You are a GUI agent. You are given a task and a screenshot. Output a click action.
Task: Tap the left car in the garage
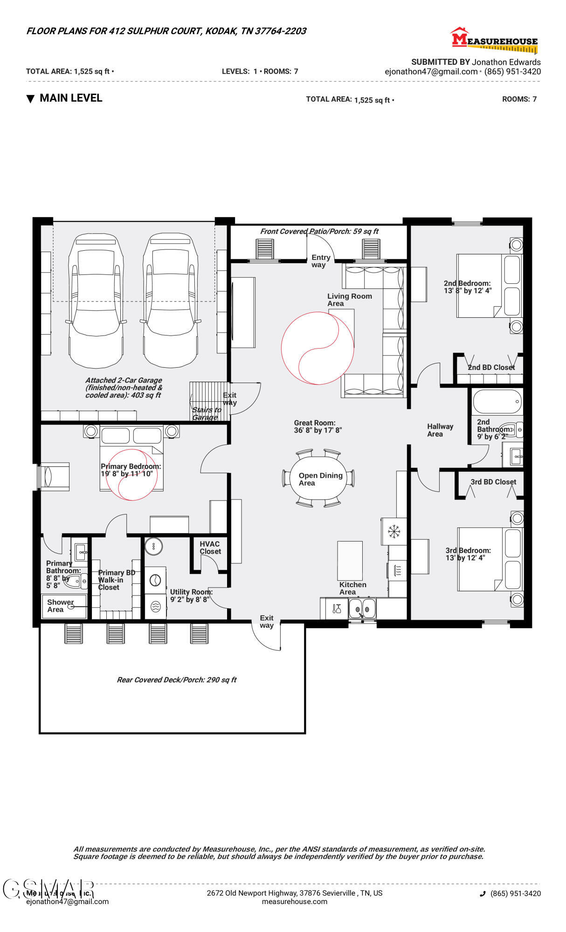pos(96,301)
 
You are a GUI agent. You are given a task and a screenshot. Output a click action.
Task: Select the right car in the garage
pos(171,301)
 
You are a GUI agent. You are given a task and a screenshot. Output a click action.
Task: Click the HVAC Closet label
pos(210,548)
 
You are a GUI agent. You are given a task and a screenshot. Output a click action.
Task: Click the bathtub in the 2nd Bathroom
pos(497,401)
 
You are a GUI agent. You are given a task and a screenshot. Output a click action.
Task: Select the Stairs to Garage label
pos(206,413)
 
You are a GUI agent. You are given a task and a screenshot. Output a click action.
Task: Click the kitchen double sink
pos(362,608)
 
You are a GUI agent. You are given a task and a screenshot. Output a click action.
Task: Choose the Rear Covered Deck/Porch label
pos(177,680)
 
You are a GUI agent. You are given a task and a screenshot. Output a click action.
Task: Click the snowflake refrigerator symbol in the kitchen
pos(394,531)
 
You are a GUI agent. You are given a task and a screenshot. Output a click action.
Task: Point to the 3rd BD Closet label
pos(493,482)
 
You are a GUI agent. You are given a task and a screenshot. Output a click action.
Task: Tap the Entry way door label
pos(321,261)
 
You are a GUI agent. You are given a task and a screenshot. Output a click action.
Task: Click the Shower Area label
pos(60,606)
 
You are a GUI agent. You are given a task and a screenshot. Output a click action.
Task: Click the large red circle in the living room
pos(318,348)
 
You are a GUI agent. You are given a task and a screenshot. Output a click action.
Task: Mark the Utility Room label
pos(191,596)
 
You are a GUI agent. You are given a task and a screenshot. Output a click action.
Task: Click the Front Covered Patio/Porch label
pos(319,231)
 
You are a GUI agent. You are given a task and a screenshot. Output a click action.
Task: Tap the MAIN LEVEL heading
pos(70,98)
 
